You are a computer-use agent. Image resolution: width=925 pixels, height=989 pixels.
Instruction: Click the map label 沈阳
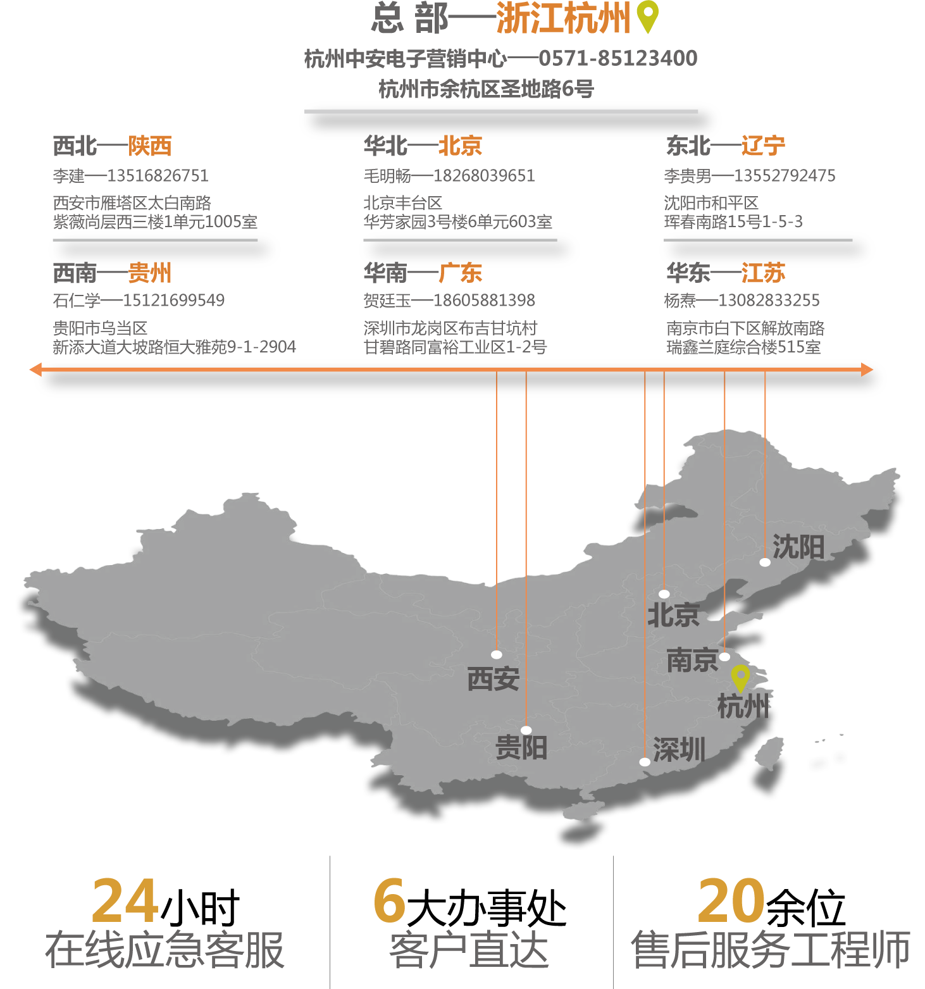tap(798, 547)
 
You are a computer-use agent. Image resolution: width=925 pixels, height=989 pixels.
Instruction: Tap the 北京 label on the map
tap(673, 615)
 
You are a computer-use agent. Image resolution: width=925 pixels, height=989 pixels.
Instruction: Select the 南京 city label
tap(692, 661)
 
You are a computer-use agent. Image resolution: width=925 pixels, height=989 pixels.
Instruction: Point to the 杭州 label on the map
tap(743, 706)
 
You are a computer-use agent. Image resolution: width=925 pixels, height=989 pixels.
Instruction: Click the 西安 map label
tap(493, 679)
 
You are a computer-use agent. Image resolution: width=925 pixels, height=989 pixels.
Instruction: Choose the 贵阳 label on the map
tap(521, 747)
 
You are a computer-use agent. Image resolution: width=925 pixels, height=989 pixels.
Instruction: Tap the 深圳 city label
tap(679, 750)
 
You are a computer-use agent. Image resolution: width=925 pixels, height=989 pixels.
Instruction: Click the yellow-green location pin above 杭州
tap(740, 677)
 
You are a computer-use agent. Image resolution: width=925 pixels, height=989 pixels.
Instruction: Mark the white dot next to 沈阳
tap(765, 563)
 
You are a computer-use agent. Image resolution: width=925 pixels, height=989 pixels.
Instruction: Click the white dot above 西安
tap(497, 654)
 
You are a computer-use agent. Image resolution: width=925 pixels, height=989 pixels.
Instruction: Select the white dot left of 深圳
tap(645, 762)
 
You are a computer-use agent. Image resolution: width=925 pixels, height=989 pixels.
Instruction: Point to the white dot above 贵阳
tap(526, 730)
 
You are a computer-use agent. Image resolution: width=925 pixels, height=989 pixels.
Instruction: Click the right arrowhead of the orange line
tap(867, 370)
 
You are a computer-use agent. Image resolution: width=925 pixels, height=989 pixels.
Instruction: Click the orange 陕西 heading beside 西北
tap(150, 152)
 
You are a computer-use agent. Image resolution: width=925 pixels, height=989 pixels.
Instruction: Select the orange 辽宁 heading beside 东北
tap(764, 152)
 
